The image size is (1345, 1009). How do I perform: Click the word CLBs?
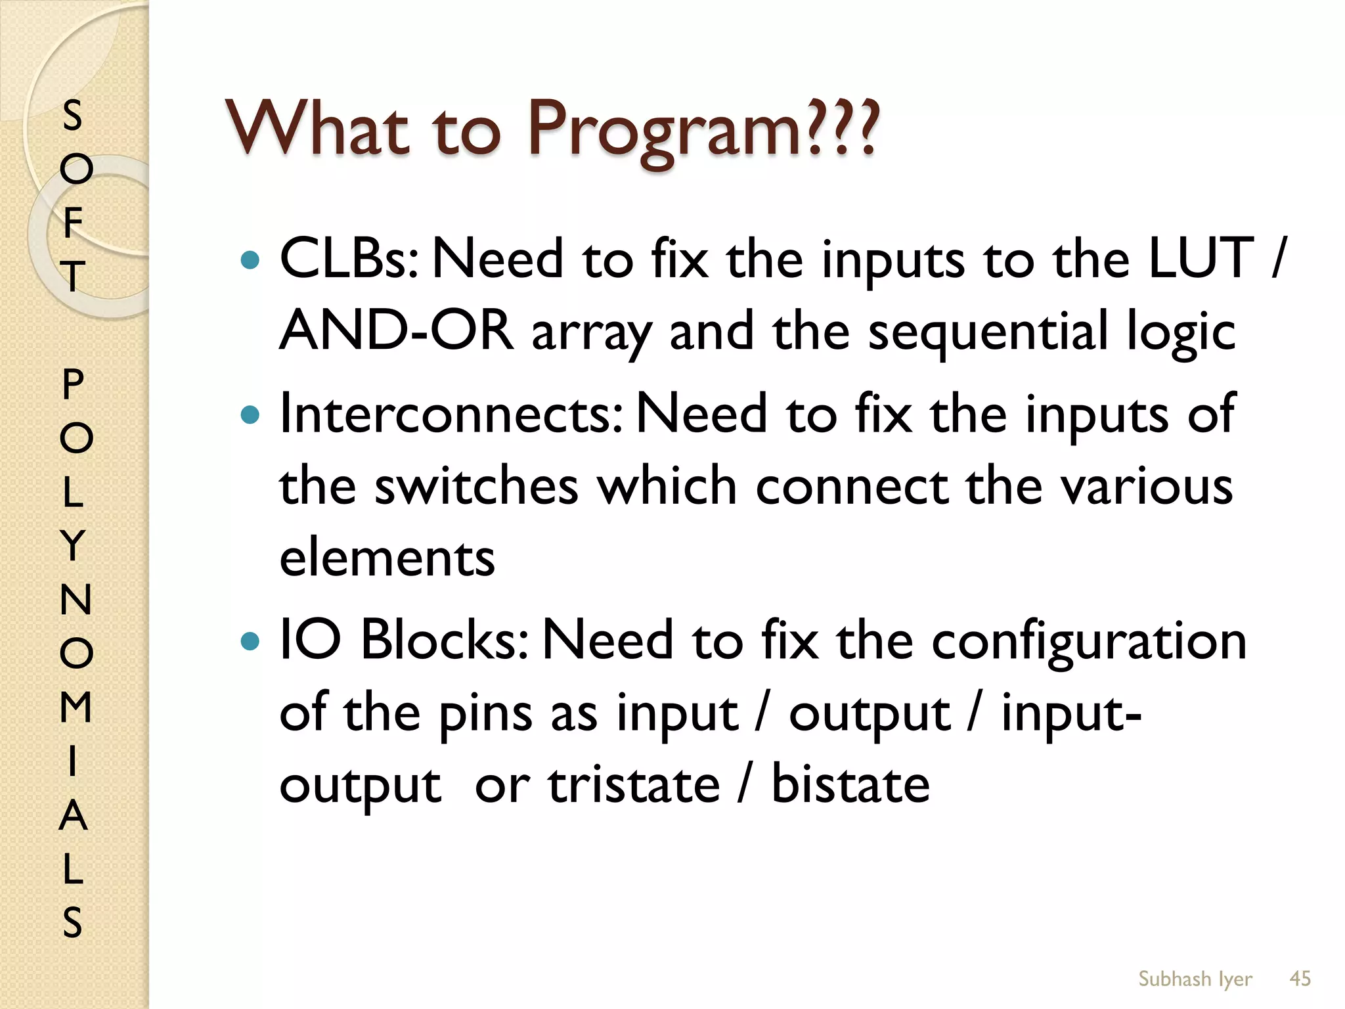coord(349,259)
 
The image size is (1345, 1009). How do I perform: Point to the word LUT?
coord(1201,259)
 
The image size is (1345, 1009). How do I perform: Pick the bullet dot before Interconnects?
coord(251,415)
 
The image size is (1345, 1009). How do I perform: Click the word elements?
coord(387,558)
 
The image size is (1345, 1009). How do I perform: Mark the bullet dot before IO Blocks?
coord(251,640)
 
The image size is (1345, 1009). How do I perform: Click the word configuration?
coord(1089,642)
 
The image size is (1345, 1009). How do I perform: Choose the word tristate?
coord(634,785)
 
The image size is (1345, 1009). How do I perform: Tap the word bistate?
coord(850,785)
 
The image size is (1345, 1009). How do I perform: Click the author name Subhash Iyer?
coord(1195,979)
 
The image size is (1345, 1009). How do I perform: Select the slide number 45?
coord(1300,979)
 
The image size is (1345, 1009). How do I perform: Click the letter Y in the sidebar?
coord(73,545)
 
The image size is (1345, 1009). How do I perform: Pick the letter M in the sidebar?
coord(76,707)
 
